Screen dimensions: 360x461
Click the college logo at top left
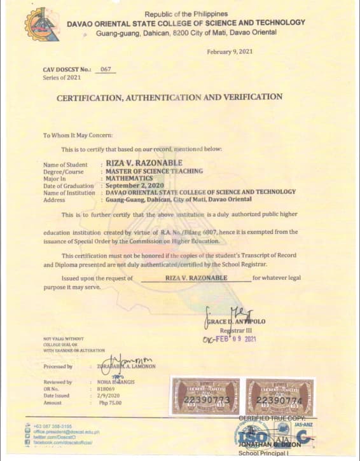(x=42, y=25)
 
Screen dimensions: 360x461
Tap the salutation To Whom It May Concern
(x=78, y=135)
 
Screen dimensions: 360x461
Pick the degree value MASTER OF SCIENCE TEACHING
(x=154, y=171)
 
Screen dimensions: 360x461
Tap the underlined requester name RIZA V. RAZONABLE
(x=195, y=279)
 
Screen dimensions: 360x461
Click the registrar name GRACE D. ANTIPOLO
(x=235, y=322)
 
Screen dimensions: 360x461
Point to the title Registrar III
(x=236, y=331)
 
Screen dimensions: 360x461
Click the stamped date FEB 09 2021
(x=230, y=339)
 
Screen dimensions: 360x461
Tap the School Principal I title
(x=263, y=453)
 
